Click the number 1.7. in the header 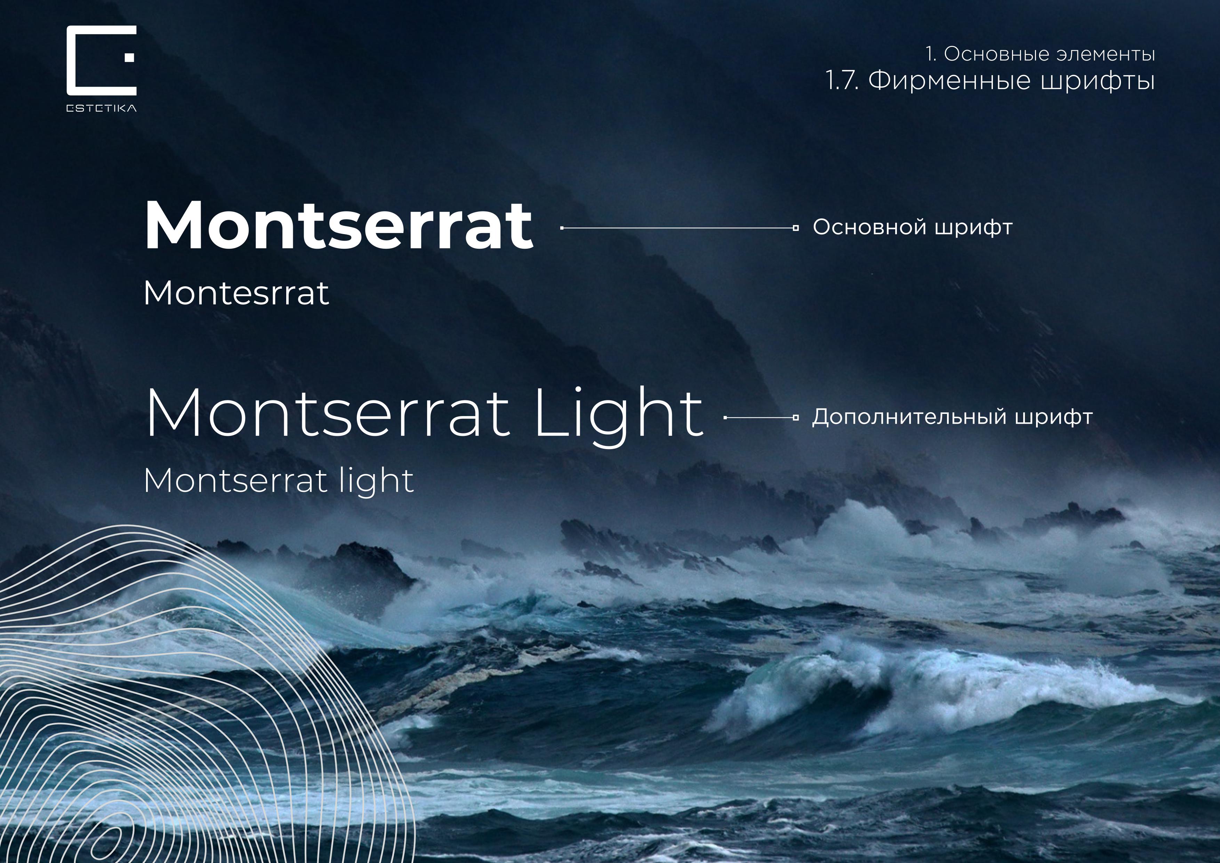coord(842,81)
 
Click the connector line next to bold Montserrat coord(678,228)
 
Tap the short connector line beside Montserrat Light coord(760,418)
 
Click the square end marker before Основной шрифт coord(795,228)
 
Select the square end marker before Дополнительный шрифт coord(795,418)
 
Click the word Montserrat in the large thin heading coord(327,413)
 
